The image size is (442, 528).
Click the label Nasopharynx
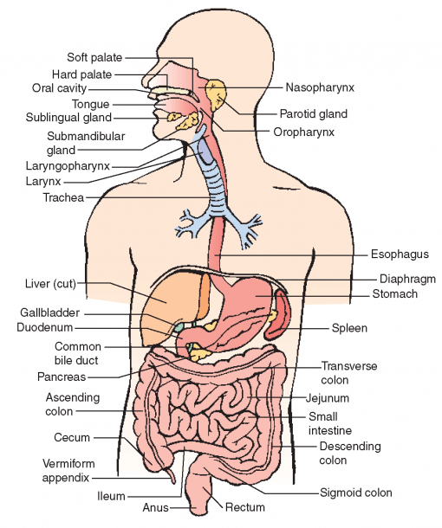pos(320,87)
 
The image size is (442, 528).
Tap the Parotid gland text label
pos(313,113)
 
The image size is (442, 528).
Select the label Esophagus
pos(400,254)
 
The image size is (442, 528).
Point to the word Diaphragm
pos(407,279)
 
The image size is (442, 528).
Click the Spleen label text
pos(349,328)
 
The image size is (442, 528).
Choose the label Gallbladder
pos(50,312)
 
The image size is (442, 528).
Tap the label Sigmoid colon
pos(355,493)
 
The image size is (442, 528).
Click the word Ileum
pos(111,496)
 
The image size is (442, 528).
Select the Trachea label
pos(63,197)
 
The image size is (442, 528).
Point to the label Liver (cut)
pos(50,284)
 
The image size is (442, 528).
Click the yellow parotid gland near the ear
pos(216,94)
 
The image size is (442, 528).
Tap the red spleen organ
pos(277,315)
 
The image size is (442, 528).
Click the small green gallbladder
pos(179,326)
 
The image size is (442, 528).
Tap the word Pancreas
pos(62,377)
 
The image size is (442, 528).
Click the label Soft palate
pos(94,58)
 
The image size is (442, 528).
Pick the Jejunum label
pos(328,398)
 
